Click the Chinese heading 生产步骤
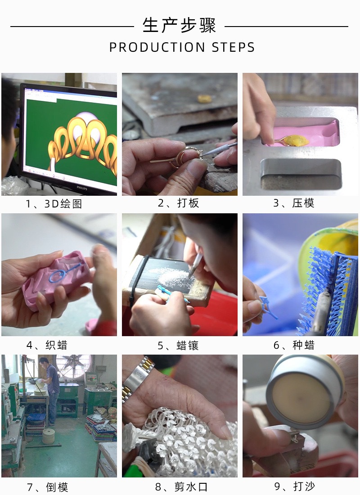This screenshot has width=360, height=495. pyautogui.click(x=179, y=25)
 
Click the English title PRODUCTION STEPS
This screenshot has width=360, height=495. pyautogui.click(x=182, y=47)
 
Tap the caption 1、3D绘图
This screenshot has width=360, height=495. pyautogui.click(x=54, y=204)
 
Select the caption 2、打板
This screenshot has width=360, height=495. pyautogui.click(x=179, y=203)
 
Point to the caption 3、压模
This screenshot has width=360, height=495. pyautogui.click(x=294, y=203)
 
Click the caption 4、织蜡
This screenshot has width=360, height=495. pyautogui.click(x=47, y=345)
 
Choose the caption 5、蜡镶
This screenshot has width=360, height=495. pyautogui.click(x=178, y=345)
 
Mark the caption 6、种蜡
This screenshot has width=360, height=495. pyautogui.click(x=294, y=345)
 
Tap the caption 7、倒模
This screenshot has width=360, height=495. pyautogui.click(x=47, y=487)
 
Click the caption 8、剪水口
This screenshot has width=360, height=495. pyautogui.click(x=181, y=487)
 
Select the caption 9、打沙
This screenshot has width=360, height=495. pyautogui.click(x=295, y=486)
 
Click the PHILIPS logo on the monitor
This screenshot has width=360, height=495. pyautogui.click(x=82, y=188)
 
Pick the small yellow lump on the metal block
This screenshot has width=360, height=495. pyautogui.click(x=205, y=99)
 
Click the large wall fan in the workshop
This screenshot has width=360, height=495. pyautogui.click(x=73, y=366)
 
